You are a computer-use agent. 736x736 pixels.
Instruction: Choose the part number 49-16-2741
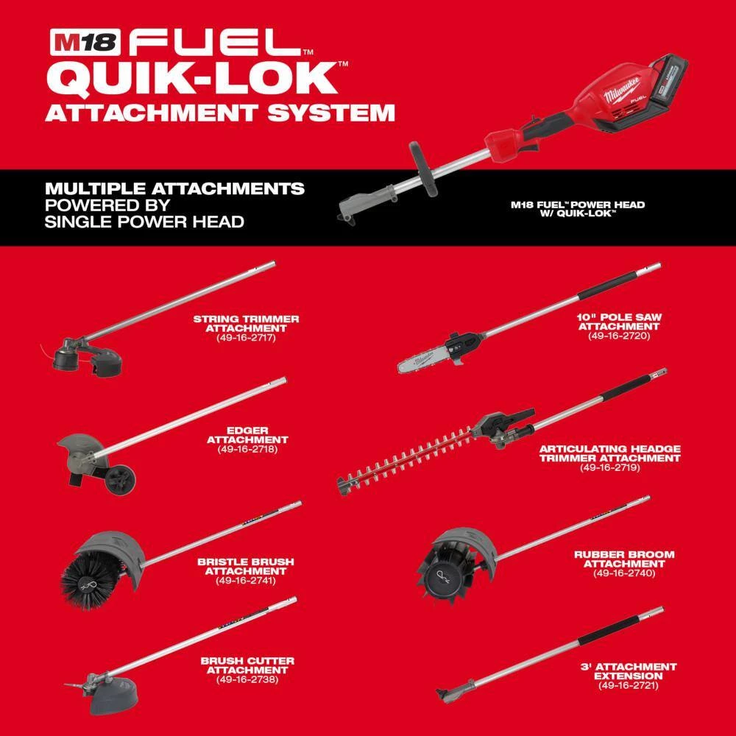tap(245, 580)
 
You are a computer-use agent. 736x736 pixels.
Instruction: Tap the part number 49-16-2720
tap(620, 335)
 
